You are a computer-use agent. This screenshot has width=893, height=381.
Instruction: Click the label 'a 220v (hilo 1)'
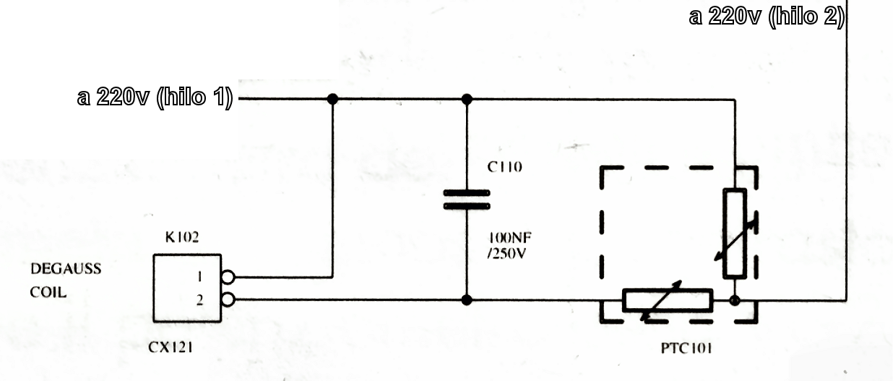(155, 98)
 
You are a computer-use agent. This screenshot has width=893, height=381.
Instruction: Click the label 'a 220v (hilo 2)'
(767, 16)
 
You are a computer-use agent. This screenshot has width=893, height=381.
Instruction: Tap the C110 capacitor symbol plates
(467, 199)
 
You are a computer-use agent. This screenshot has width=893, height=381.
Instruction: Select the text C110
(504, 167)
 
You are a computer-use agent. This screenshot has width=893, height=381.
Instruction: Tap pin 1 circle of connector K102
(228, 276)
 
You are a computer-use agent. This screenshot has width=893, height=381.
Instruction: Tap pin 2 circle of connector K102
(228, 299)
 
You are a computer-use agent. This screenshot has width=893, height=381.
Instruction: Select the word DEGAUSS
(66, 269)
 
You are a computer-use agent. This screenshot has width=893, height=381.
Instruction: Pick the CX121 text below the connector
(171, 348)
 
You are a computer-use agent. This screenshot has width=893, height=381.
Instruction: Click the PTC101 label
(686, 349)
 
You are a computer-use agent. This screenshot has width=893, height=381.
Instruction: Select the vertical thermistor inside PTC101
(735, 233)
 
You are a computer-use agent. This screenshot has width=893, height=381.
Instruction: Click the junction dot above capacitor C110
(467, 98)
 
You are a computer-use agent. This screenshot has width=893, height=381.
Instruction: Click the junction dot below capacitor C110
(467, 299)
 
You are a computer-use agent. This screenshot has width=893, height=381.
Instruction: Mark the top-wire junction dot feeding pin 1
(332, 98)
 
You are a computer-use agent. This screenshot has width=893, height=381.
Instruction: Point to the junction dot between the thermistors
(735, 299)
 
